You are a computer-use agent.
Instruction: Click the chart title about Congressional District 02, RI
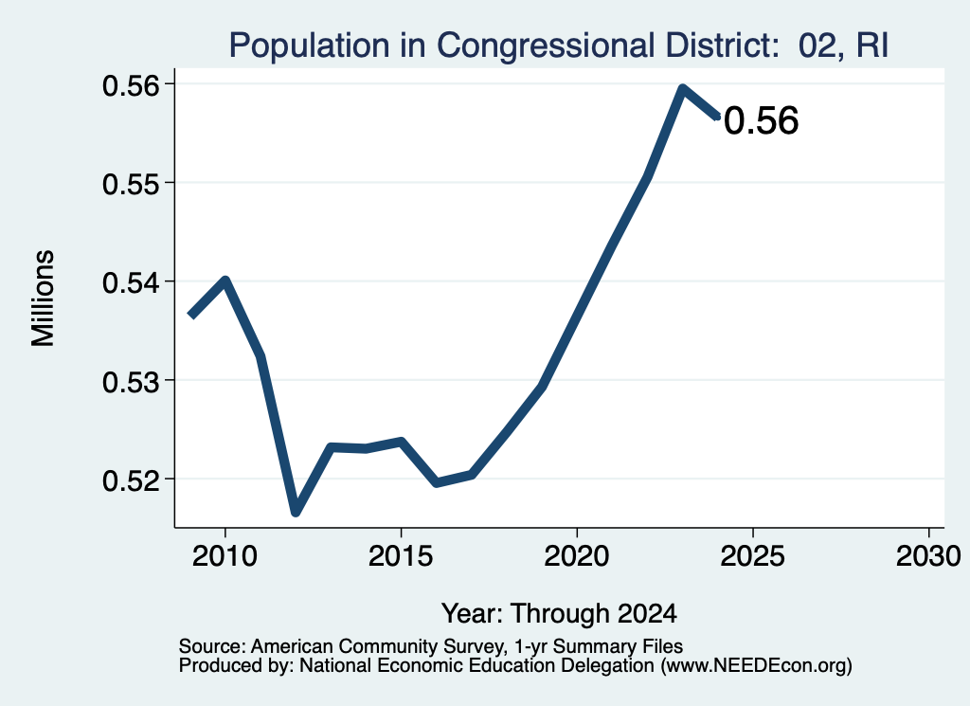(559, 45)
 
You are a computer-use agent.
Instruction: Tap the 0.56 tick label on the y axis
(131, 84)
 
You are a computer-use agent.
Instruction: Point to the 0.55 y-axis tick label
(131, 183)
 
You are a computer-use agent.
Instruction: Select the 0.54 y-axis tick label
(131, 282)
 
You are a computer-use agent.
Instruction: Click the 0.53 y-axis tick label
(131, 381)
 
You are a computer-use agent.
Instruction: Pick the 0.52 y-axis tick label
(131, 480)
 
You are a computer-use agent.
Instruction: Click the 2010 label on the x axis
(225, 555)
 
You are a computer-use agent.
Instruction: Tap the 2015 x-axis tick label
(401, 555)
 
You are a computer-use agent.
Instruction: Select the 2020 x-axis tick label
(577, 555)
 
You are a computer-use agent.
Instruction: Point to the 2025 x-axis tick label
(753, 555)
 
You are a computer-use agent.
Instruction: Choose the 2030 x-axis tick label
(928, 555)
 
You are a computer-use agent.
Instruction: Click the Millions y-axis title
(44, 298)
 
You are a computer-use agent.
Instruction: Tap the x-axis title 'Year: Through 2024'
(559, 613)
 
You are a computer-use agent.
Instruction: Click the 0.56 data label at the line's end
(762, 120)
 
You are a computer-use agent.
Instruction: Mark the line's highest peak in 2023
(682, 88)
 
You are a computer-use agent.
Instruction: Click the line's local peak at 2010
(225, 281)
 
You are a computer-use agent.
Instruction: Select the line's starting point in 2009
(191, 316)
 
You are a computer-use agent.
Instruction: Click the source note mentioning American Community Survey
(431, 646)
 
